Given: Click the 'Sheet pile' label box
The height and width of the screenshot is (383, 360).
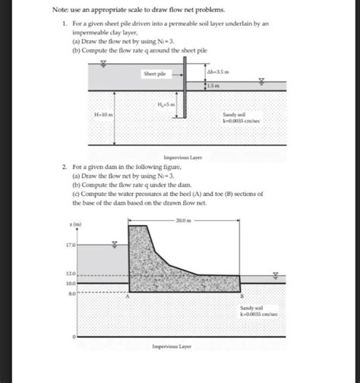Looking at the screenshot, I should [155, 74].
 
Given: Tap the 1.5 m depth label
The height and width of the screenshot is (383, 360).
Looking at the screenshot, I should [213, 85].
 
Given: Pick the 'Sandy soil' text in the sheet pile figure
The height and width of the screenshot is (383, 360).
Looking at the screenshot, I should [232, 113].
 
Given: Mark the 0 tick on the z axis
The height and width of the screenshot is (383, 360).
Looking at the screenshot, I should [74, 335].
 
